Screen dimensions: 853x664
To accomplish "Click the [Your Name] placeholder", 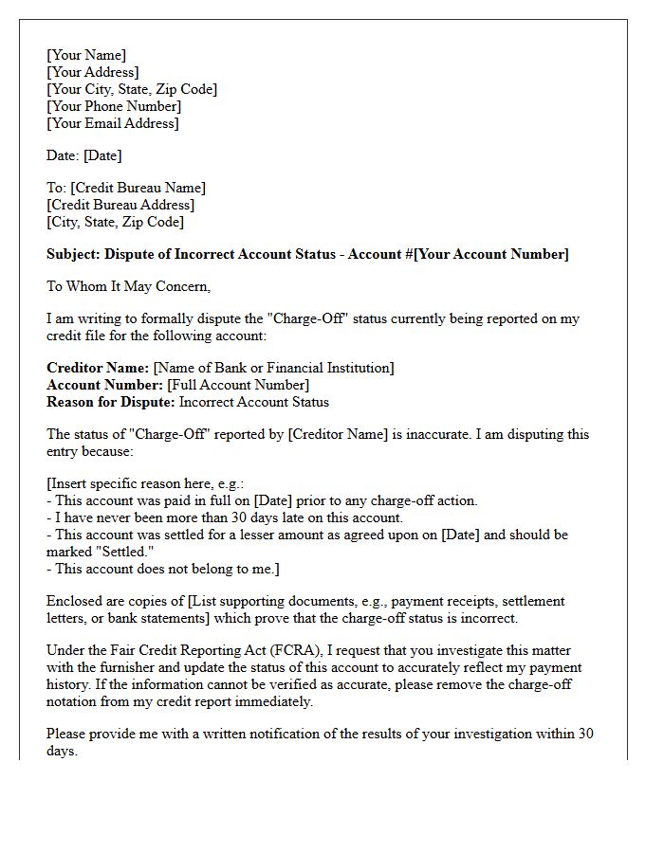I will pos(86,55).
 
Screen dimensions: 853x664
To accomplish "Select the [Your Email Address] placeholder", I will pos(112,123).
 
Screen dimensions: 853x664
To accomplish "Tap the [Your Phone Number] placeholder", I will pos(113,106).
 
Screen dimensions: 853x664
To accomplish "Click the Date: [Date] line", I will pos(84,155).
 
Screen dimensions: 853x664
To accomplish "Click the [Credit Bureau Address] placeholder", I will pos(120,205).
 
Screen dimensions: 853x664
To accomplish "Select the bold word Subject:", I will pos(74,254).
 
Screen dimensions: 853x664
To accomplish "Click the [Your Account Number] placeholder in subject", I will pos(491,254).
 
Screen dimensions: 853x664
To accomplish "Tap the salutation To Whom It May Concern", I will pos(128,286).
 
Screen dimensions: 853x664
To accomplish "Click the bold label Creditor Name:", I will pos(98,368).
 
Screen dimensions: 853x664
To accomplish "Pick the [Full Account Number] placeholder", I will pos(238,385).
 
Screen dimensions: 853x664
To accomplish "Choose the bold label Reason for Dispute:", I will pos(111,402).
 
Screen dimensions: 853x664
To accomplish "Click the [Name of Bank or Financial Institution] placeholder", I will pos(274,368).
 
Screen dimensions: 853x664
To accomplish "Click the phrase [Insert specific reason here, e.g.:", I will pos(145,483).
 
